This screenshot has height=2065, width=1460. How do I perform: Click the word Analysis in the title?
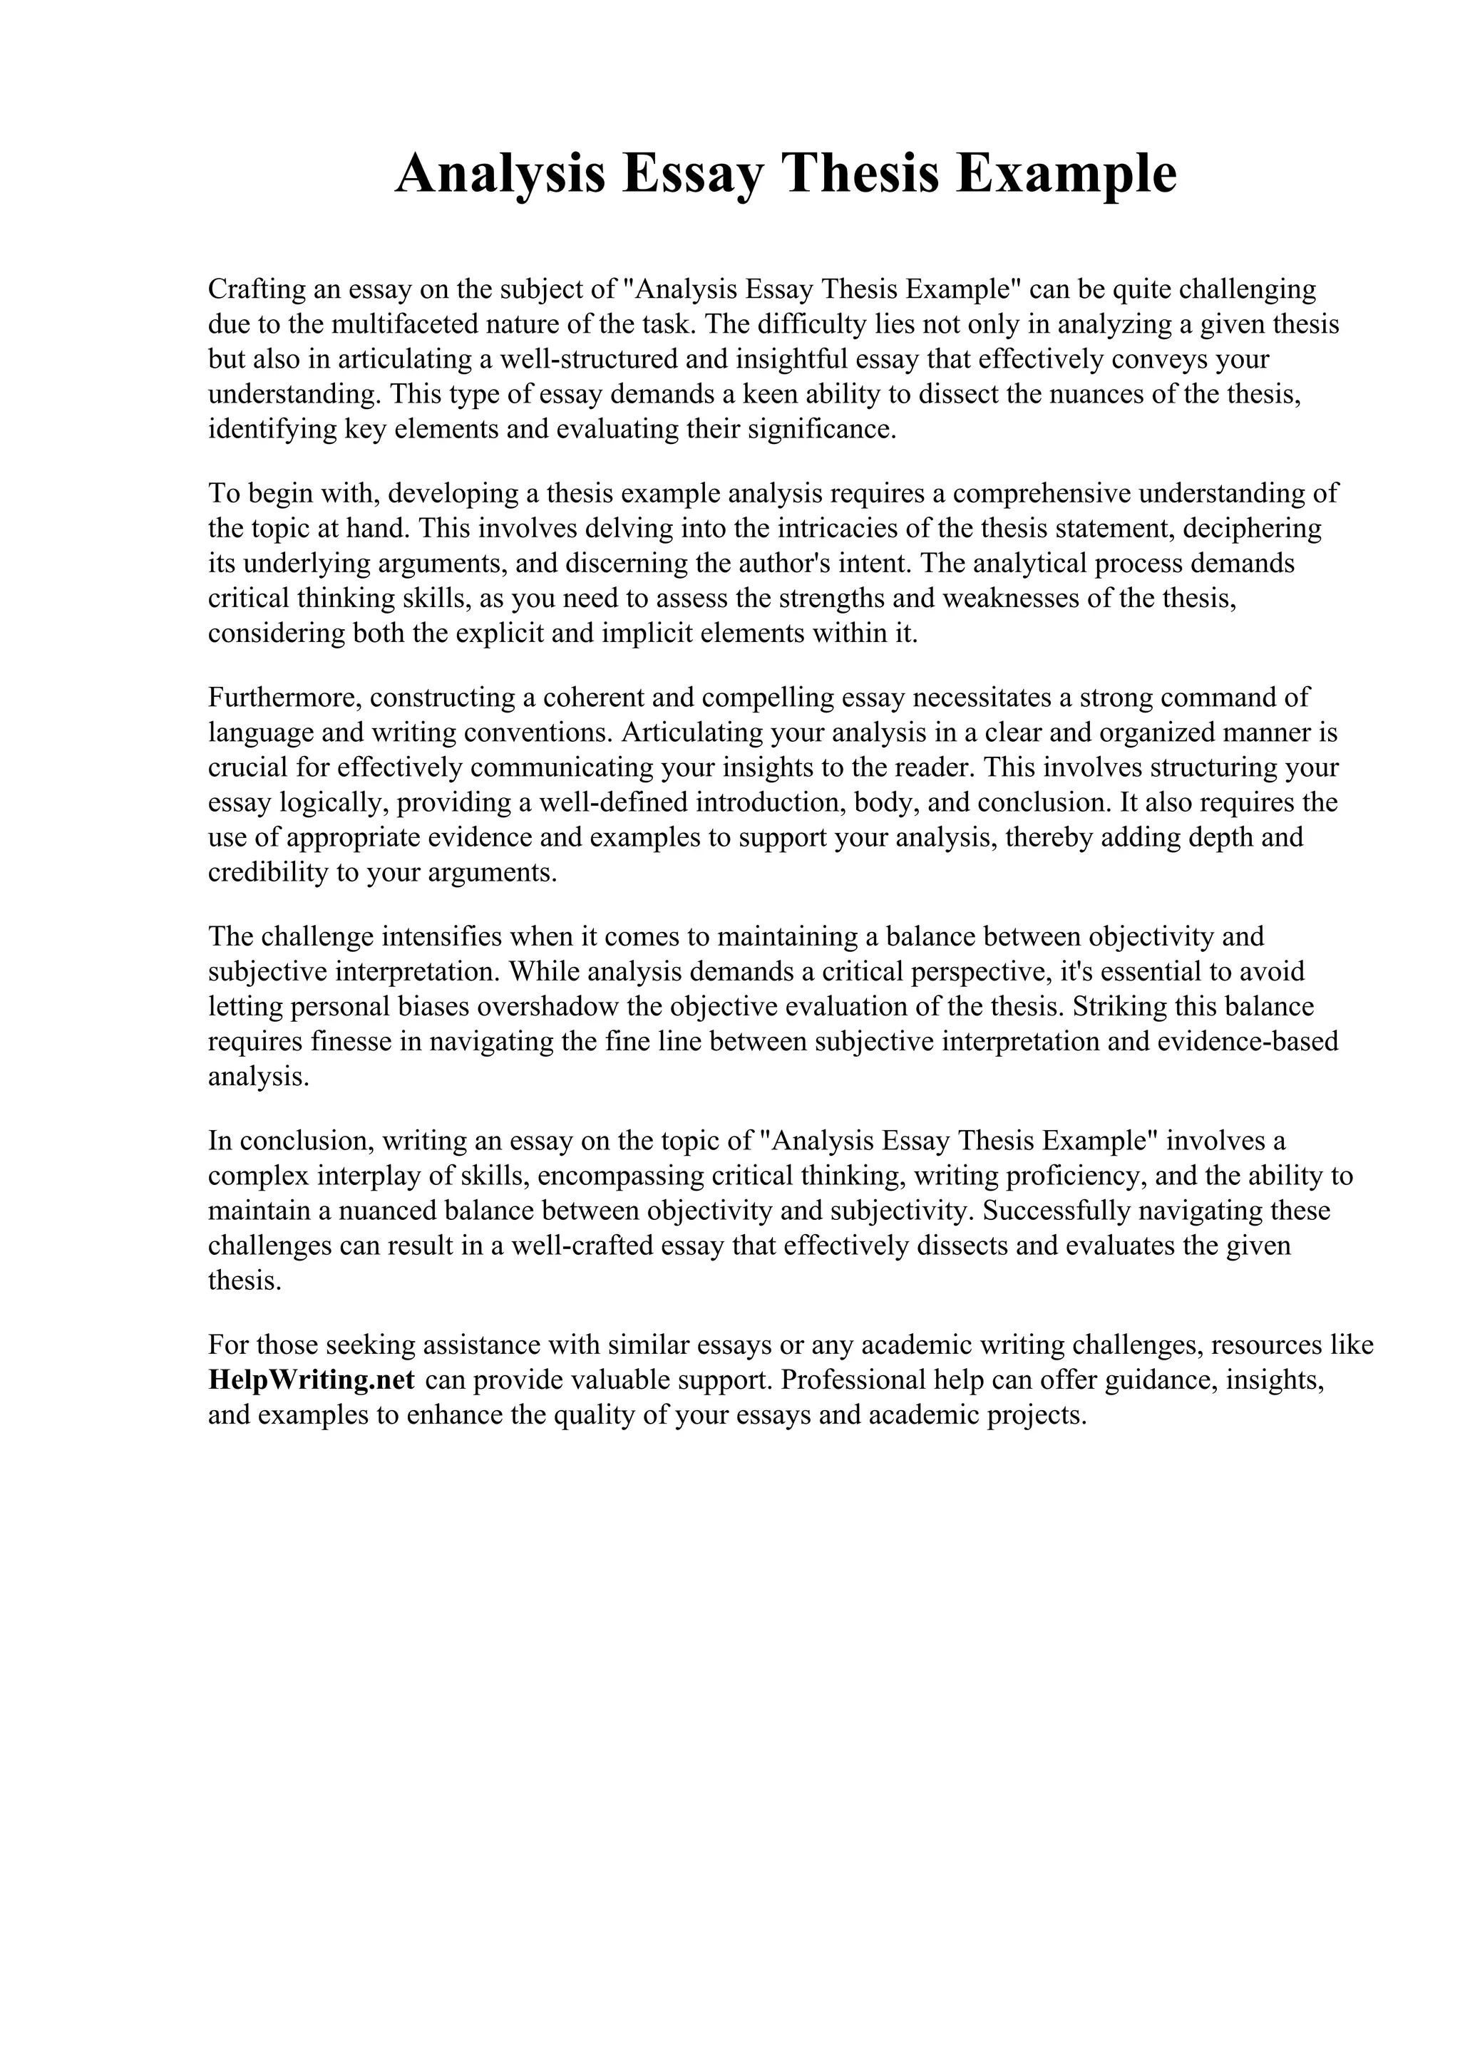pyautogui.click(x=500, y=174)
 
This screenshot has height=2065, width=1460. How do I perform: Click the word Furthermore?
pyautogui.click(x=284, y=697)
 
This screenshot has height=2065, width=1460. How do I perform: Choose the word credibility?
pyautogui.click(x=268, y=872)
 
